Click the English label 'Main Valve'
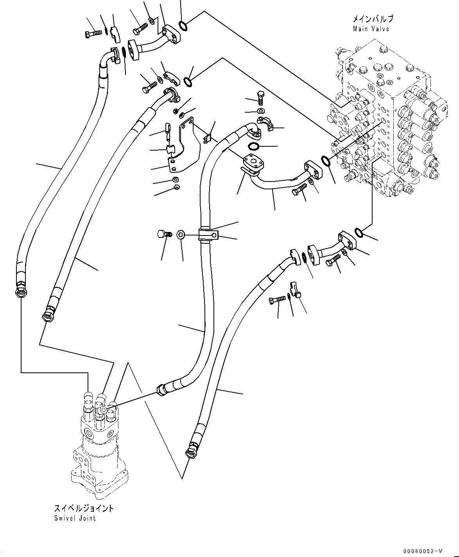(x=371, y=29)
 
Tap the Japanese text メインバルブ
(x=373, y=19)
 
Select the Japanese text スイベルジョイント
(x=84, y=508)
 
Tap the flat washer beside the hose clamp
(x=181, y=235)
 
